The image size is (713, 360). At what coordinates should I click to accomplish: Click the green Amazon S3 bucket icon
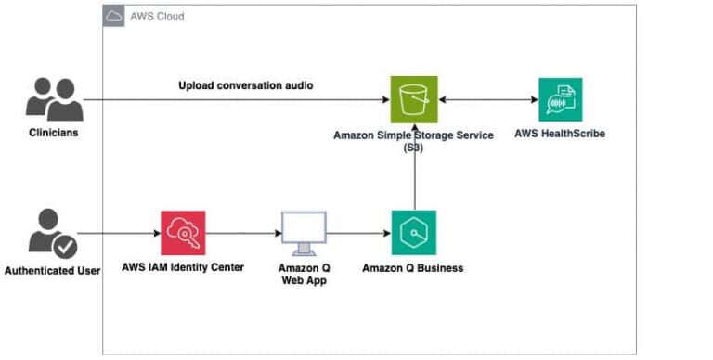pyautogui.click(x=413, y=99)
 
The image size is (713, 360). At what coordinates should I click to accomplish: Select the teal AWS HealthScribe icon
pyautogui.click(x=560, y=99)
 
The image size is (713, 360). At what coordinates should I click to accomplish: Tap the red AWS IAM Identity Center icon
pyautogui.click(x=183, y=233)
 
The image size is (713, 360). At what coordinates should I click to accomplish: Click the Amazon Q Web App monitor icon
pyautogui.click(x=304, y=233)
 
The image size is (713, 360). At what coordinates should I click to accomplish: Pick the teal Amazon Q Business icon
pyautogui.click(x=413, y=233)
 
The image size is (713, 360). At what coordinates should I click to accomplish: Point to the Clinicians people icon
pyautogui.click(x=54, y=98)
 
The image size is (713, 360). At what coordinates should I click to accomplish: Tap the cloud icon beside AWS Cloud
pyautogui.click(x=114, y=17)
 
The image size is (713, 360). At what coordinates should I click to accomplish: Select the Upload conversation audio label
pyautogui.click(x=245, y=85)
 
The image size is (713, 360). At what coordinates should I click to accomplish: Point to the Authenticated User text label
pyautogui.click(x=52, y=271)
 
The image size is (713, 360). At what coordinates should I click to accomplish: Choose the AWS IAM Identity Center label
pyautogui.click(x=183, y=267)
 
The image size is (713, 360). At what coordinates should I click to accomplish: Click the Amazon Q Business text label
pyautogui.click(x=412, y=268)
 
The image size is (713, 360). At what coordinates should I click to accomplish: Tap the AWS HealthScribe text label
pyautogui.click(x=560, y=134)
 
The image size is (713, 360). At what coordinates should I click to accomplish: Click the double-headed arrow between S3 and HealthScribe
pyautogui.click(x=486, y=99)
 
